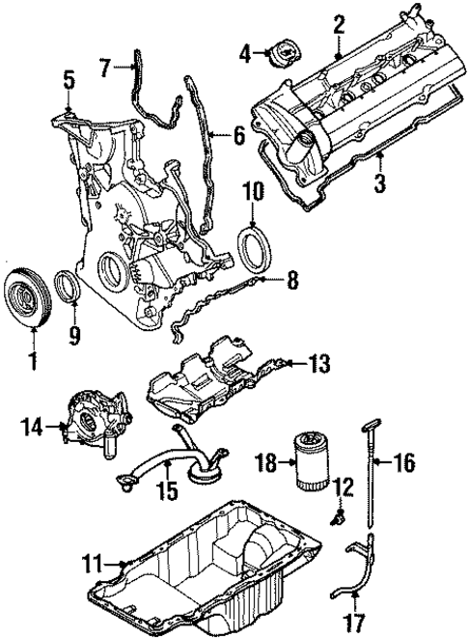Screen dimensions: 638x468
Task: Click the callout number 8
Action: click(x=292, y=281)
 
